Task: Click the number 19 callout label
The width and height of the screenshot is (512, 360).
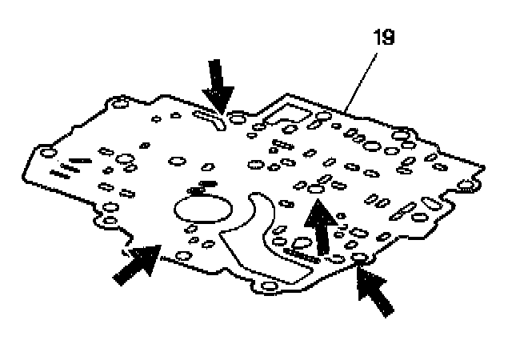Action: point(384,38)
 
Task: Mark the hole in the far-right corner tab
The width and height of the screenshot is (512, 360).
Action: point(464,187)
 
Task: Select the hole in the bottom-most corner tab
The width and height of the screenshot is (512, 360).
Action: point(270,287)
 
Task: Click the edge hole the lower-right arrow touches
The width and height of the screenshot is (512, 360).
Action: point(358,258)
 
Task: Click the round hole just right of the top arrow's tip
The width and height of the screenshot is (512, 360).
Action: point(237,120)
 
